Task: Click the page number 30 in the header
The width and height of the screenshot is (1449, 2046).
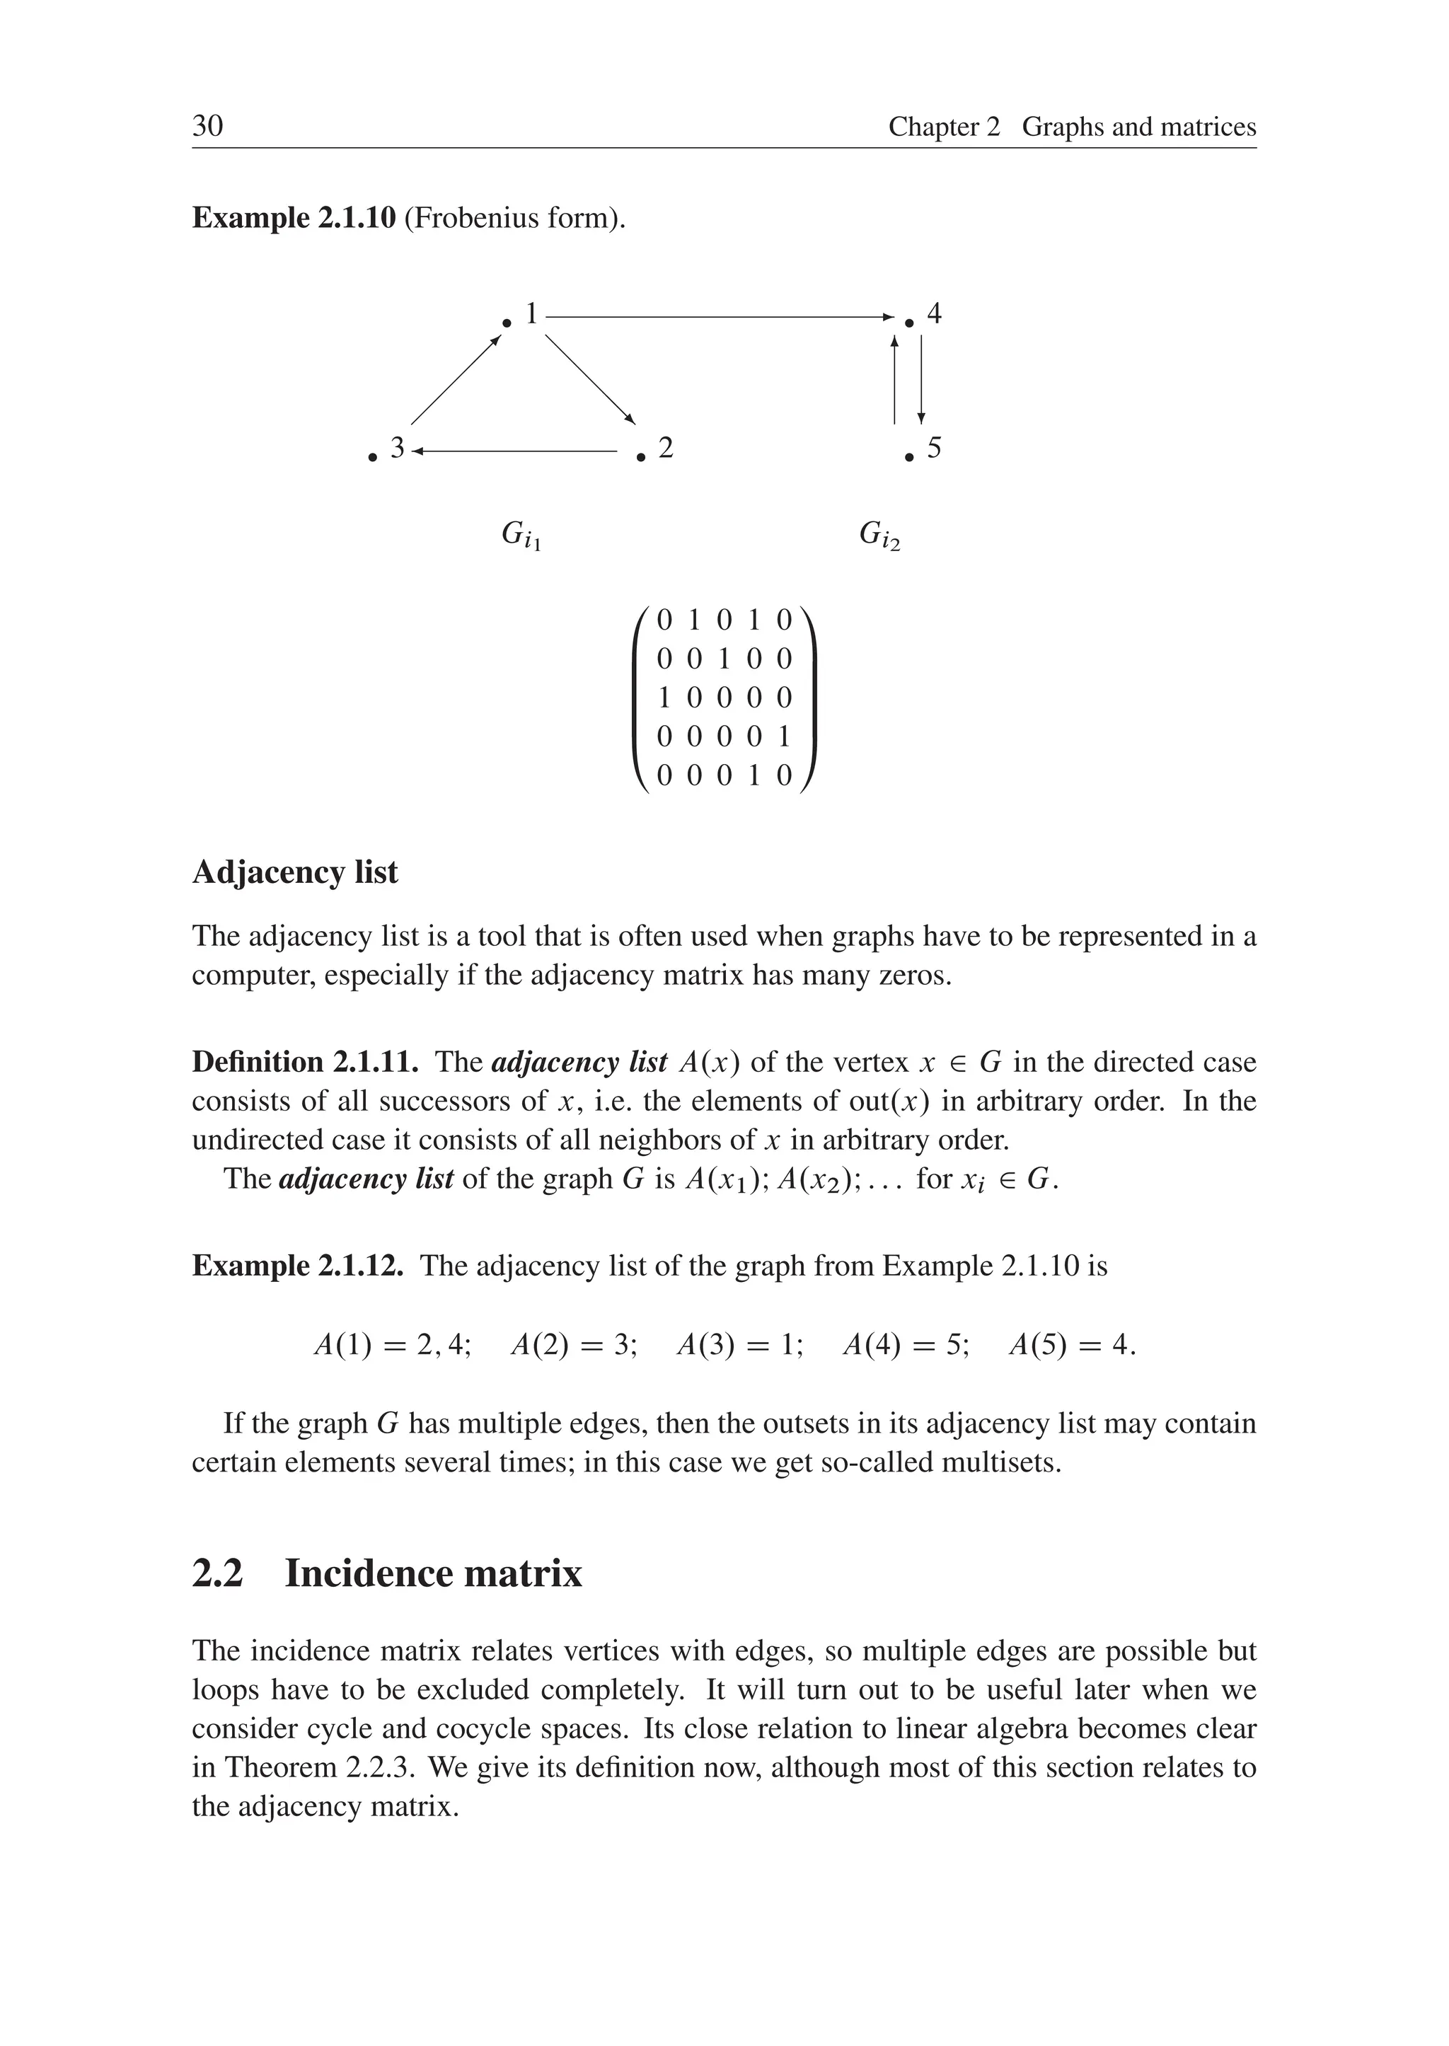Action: [208, 126]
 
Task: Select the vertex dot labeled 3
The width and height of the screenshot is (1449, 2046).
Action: [372, 458]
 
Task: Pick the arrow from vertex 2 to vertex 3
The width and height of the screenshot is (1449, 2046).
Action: [515, 451]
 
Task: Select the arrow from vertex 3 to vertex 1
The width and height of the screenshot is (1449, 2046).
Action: [455, 380]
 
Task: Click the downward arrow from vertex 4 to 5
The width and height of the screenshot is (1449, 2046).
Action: [920, 379]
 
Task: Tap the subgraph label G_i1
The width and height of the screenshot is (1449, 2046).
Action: [521, 536]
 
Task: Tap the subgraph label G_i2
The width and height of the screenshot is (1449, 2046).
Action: [879, 536]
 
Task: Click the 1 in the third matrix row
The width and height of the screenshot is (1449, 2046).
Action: [664, 697]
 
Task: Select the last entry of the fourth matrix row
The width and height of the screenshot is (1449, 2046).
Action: [783, 736]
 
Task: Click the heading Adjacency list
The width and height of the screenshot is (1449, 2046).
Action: [294, 872]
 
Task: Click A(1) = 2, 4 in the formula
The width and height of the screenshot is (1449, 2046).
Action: [393, 1345]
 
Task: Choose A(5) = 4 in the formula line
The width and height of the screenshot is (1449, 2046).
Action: [1070, 1345]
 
